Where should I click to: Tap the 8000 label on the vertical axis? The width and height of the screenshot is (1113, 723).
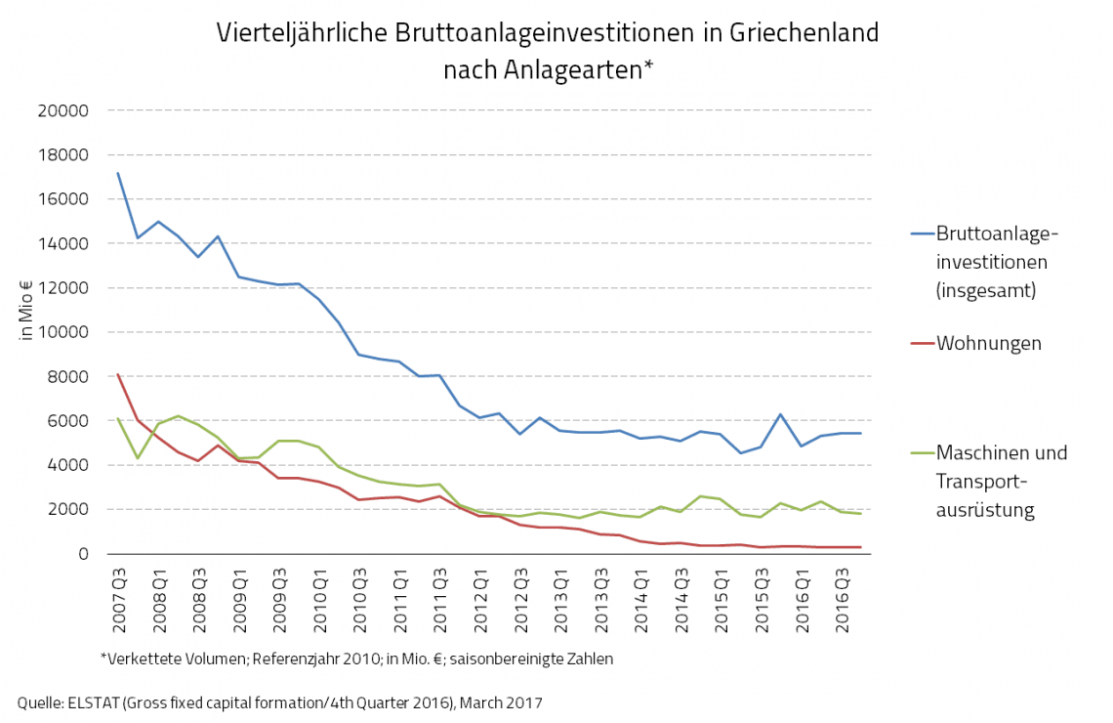(x=67, y=376)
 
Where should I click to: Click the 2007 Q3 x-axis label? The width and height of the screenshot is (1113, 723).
(x=119, y=597)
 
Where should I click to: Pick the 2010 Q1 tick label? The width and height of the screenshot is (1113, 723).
(x=319, y=597)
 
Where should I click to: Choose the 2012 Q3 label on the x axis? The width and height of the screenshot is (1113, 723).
(x=520, y=597)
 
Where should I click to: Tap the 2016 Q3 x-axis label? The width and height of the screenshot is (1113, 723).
(x=842, y=597)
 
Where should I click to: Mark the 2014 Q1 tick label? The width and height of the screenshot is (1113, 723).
(x=640, y=597)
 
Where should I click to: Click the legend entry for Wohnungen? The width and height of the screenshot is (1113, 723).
(x=988, y=343)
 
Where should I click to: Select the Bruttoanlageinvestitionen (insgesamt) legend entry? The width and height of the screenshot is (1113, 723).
(x=996, y=262)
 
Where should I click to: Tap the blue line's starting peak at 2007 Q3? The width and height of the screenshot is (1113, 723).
(x=118, y=173)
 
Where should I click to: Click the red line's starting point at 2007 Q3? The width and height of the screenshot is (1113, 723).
(x=118, y=374)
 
